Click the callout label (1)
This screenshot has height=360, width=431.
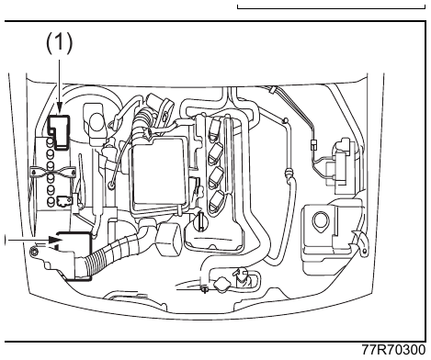coord(60,43)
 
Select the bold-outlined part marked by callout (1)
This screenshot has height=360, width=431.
coord(59,132)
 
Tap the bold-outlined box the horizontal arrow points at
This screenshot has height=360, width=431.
coord(75,255)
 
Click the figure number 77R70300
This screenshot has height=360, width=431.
coord(393,350)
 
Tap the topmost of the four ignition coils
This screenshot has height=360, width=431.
coord(214,129)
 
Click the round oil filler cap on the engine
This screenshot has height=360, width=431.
coord(199,223)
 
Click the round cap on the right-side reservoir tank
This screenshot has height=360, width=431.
coord(321,220)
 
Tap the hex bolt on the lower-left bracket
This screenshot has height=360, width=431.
coord(34,252)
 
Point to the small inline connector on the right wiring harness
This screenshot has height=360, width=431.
coord(313,145)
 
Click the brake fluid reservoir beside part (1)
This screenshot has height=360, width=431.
coord(96,124)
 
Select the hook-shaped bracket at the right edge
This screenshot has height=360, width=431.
coord(361,242)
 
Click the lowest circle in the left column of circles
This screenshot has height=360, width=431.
coord(51,201)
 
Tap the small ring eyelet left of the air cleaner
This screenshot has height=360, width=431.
coord(111,185)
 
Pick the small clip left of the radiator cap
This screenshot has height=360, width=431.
coord(205,287)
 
